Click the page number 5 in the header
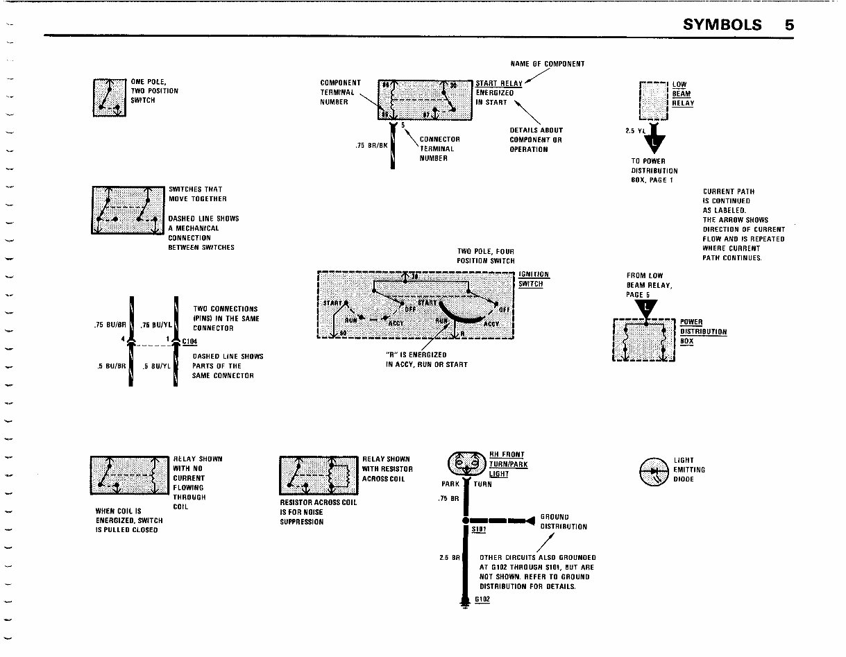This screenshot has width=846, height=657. tap(789, 24)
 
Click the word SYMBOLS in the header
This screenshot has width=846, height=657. tap(722, 24)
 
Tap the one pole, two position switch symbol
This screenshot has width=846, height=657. tap(110, 97)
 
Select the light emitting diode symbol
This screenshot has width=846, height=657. tap(654, 470)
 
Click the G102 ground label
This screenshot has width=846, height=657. tap(483, 599)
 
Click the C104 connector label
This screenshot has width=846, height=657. tap(189, 341)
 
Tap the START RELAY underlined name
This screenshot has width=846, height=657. tap(498, 84)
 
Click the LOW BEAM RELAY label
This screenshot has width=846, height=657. tap(683, 94)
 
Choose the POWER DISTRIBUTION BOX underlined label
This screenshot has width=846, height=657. tap(702, 332)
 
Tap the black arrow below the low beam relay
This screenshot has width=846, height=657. tap(654, 143)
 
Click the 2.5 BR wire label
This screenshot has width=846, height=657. tap(450, 556)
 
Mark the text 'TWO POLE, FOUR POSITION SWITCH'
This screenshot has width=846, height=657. tap(485, 256)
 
